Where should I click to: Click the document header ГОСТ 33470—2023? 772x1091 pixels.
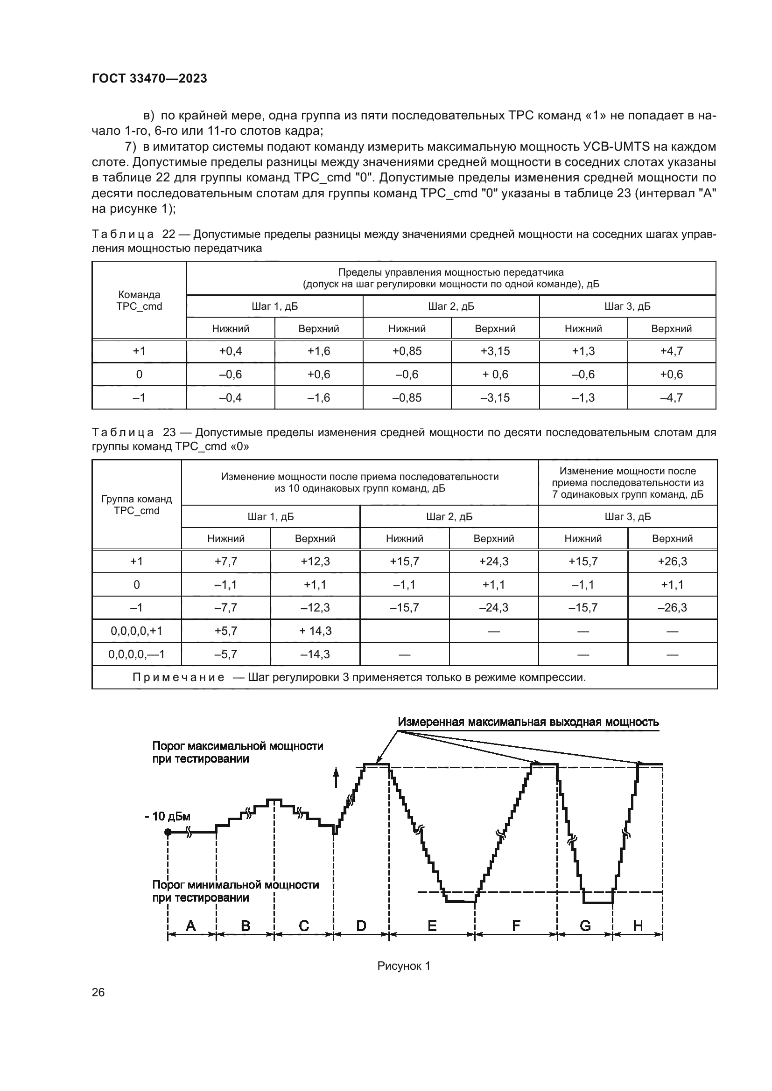[x=149, y=78]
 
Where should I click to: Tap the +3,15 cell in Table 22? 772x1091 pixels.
[x=495, y=351]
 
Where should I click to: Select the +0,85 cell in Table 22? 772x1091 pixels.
[x=407, y=351]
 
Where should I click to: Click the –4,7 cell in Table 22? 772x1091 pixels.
[x=671, y=397]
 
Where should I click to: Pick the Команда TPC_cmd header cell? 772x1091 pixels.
[x=139, y=300]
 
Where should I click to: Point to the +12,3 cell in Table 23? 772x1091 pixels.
[x=315, y=561]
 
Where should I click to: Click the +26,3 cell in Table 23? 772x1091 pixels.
[x=672, y=561]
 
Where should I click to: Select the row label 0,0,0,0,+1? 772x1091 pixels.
[x=136, y=631]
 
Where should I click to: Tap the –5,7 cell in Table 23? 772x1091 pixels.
[x=226, y=654]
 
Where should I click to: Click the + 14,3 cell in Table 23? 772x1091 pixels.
[x=315, y=631]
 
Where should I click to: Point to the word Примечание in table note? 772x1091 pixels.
[x=178, y=677]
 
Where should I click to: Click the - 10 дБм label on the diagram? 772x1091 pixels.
[x=168, y=816]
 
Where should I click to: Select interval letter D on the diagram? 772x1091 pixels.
[x=361, y=925]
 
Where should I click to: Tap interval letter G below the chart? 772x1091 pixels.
[x=585, y=925]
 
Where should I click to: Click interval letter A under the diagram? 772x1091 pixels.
[x=190, y=925]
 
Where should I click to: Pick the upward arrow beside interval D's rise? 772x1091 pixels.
[x=336, y=778]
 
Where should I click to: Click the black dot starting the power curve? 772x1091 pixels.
[x=168, y=832]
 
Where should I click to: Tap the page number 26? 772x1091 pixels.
[x=98, y=1001]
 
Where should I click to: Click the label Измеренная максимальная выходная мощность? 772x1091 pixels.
[x=528, y=722]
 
